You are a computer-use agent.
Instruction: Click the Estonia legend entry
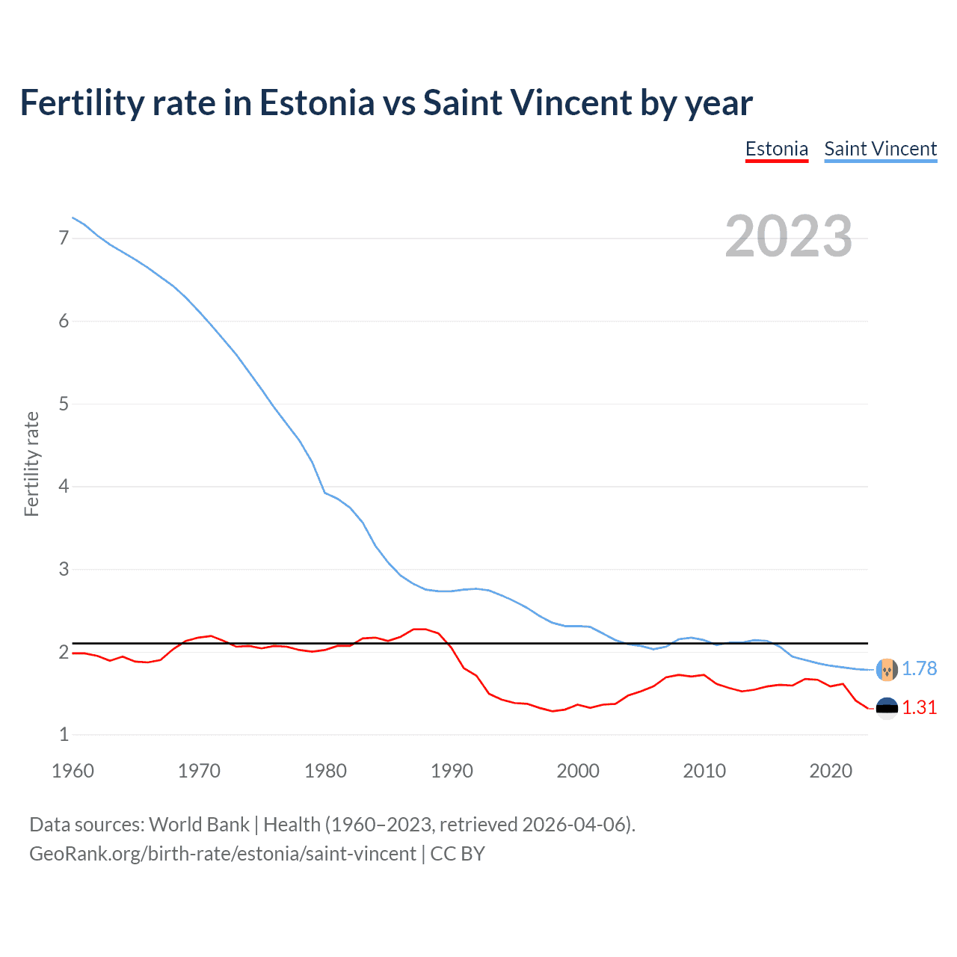tap(776, 149)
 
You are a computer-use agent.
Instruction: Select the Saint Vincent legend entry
tap(880, 149)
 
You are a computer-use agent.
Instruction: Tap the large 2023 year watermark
tap(788, 236)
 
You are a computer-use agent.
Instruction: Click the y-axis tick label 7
tap(64, 238)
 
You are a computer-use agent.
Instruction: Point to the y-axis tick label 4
tap(64, 487)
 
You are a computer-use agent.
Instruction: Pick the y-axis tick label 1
tap(64, 735)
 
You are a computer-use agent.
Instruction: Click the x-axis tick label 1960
tap(73, 771)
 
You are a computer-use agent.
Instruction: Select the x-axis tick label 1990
tap(452, 771)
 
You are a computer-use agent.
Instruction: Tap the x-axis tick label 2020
tap(831, 771)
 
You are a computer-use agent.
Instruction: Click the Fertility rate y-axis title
tap(31, 464)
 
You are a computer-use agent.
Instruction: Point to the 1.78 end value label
tap(919, 668)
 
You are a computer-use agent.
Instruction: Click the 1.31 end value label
tap(919, 707)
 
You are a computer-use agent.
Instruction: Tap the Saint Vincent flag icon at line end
tap(887, 669)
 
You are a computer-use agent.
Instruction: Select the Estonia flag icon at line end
tap(887, 708)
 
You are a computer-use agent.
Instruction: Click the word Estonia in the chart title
tap(317, 102)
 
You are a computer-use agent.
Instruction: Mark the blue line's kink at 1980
tap(324, 493)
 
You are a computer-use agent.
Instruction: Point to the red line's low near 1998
tap(553, 711)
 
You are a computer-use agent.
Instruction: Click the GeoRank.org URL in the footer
tap(222, 854)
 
